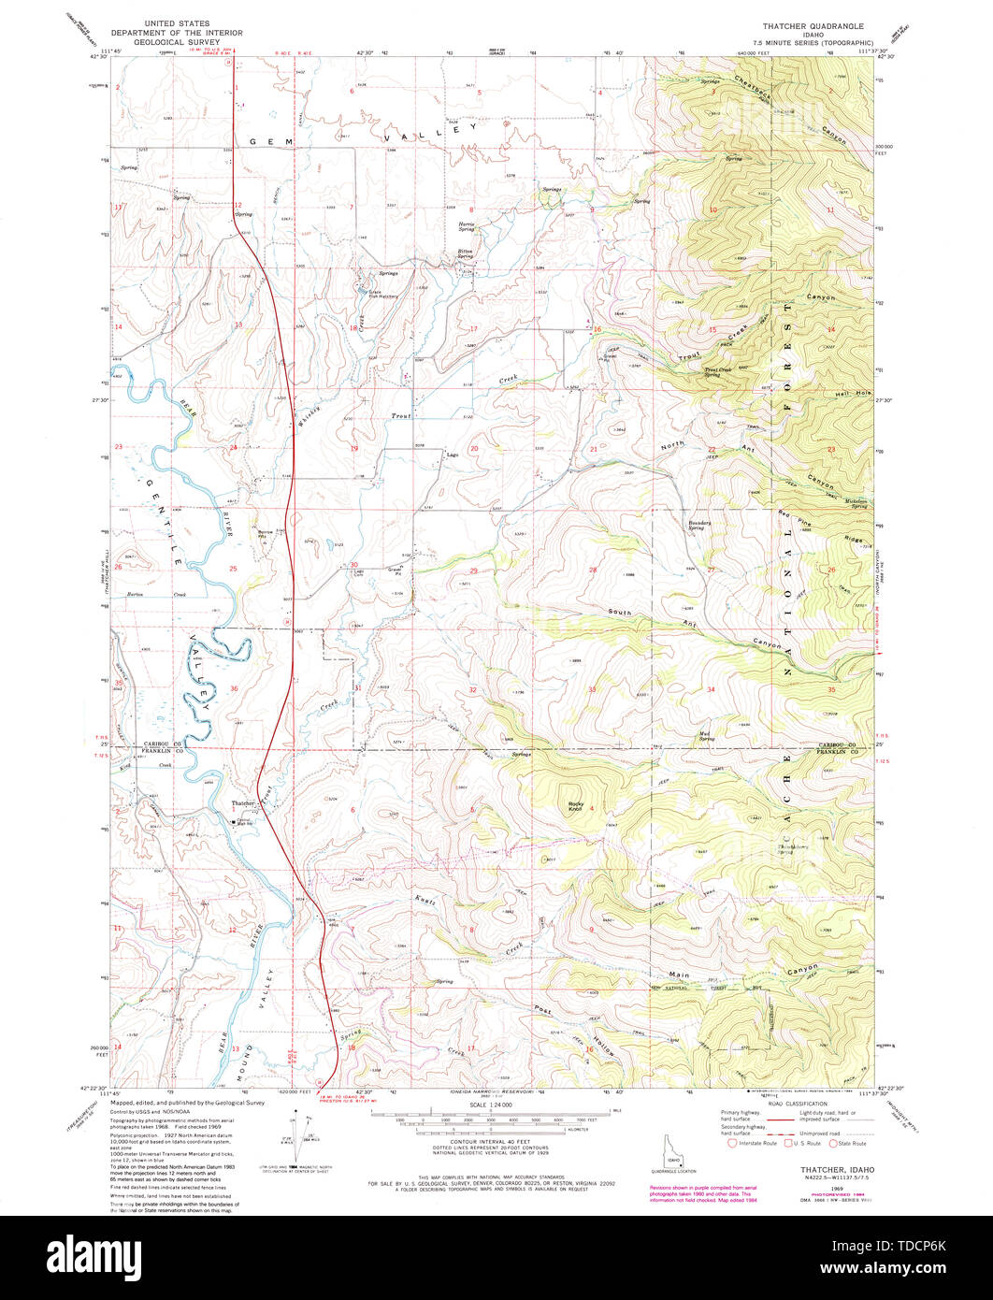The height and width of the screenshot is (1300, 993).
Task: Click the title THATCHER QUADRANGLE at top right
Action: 812,25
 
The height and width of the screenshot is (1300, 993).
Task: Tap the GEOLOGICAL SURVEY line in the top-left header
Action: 176,42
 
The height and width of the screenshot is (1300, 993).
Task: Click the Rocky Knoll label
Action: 575,805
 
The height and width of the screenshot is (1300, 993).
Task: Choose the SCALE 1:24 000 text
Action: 485,1105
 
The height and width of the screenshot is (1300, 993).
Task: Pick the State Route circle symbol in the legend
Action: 833,1143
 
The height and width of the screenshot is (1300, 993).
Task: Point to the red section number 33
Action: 591,689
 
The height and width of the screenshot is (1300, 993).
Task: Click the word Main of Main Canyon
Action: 680,975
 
